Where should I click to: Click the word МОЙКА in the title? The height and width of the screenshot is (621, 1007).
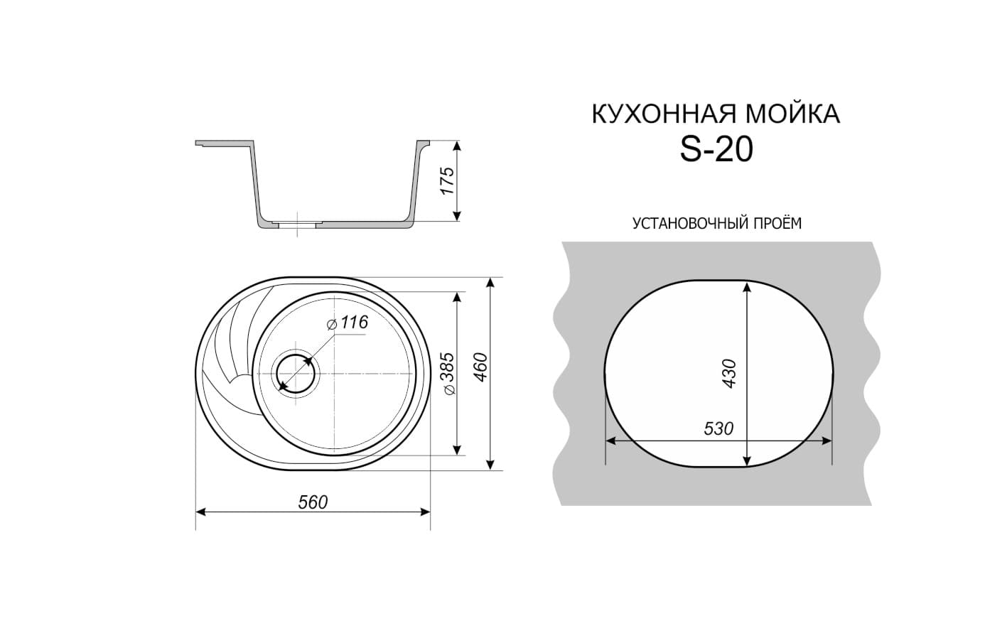point(793,114)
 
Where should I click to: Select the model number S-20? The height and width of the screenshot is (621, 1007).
point(716,150)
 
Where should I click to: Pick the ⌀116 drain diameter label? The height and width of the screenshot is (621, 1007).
point(348,322)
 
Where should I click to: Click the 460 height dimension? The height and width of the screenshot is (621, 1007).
point(481,367)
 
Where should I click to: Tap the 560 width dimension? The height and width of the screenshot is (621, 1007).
point(313,502)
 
